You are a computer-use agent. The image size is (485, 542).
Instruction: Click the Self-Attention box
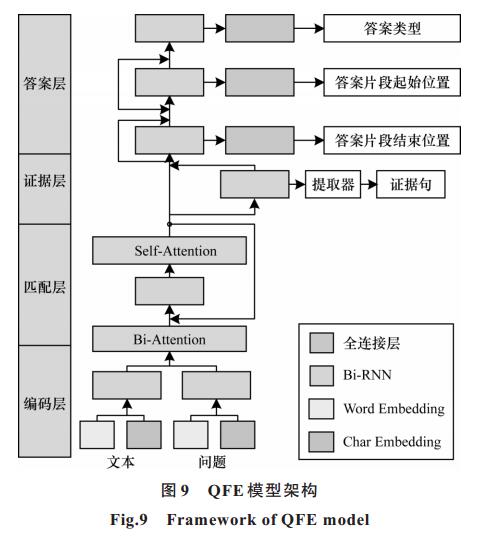point(169,251)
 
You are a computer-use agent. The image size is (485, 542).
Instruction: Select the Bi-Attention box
point(169,339)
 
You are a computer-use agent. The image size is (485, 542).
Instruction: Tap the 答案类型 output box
point(392,28)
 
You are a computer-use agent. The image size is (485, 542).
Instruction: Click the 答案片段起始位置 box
point(392,82)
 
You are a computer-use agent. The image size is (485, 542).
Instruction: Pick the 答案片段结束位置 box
point(392,140)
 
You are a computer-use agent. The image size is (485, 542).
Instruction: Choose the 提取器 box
point(333,184)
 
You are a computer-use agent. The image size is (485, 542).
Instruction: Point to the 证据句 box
point(411,184)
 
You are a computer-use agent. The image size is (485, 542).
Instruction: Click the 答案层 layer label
point(45,84)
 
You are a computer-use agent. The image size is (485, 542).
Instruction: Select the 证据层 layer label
point(45,181)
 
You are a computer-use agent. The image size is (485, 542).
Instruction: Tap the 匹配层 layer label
point(45,287)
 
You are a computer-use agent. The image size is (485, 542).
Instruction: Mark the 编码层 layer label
point(45,403)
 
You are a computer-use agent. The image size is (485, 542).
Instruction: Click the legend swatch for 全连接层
point(321,343)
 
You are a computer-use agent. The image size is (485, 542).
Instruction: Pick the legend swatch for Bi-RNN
point(321,376)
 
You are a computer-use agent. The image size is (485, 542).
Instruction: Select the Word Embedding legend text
point(394,409)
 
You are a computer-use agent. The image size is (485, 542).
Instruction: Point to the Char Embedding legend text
point(392,442)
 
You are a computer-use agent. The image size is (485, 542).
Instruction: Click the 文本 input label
point(121,462)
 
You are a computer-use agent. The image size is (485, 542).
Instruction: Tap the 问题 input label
point(212,462)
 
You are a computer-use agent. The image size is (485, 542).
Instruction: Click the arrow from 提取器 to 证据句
point(369,184)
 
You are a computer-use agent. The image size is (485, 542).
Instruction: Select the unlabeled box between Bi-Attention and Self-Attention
point(169,291)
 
